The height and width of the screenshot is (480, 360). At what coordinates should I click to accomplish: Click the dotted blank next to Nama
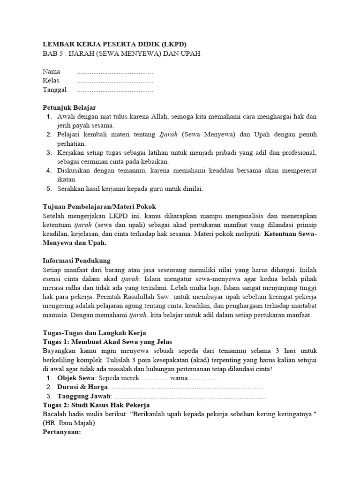click(x=114, y=72)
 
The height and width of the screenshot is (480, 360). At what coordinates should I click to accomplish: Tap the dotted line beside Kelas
click(x=114, y=81)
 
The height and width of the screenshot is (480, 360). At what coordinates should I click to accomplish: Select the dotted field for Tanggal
click(x=114, y=90)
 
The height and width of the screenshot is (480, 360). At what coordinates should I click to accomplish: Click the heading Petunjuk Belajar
click(x=69, y=108)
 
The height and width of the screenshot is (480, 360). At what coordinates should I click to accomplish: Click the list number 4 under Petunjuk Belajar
click(x=49, y=171)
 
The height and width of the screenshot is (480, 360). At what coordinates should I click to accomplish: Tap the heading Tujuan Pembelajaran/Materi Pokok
click(x=99, y=207)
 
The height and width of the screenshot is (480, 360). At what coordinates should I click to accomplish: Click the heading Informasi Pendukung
click(x=76, y=261)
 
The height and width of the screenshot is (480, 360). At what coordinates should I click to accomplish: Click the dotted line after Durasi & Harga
click(x=187, y=387)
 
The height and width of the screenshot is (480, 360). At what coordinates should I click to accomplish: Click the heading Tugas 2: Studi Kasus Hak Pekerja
click(x=96, y=405)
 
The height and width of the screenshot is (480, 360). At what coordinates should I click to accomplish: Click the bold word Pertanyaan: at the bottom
click(x=62, y=432)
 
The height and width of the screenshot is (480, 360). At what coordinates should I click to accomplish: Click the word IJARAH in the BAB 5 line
click(x=84, y=53)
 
